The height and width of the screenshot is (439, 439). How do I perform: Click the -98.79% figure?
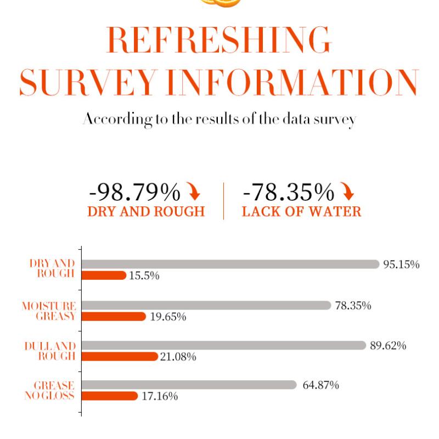coord(134,193)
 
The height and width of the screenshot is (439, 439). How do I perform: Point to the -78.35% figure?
coord(288,193)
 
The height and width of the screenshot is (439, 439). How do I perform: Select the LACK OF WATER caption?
coord(301,212)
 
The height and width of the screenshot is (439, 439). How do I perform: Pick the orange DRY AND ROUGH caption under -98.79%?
coord(146,212)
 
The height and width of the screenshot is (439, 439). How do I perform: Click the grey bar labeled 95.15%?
coord(230,264)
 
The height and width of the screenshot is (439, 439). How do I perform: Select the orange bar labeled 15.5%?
coord(104,275)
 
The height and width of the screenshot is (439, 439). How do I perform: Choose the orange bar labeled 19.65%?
coord(114,317)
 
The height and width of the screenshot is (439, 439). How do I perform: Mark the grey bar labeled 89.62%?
coord(224,345)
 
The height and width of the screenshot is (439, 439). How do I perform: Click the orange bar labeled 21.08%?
coord(119,357)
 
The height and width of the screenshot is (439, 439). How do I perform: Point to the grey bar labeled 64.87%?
coord(189,385)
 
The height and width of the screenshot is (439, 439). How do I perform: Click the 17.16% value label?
coord(160,396)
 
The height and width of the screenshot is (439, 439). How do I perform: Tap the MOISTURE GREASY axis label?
coord(49,311)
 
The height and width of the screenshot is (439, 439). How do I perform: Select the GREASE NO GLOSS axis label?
coord(50,390)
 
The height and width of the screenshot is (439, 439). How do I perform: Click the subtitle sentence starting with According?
coord(219,119)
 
